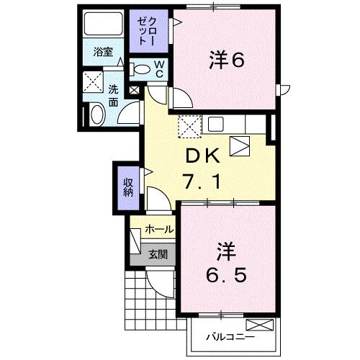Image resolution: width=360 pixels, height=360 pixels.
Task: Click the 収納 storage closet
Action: click(x=127, y=186)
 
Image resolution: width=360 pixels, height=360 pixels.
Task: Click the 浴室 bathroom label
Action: click(x=103, y=52)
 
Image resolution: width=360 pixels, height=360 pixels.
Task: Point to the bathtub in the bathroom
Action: click(x=103, y=27)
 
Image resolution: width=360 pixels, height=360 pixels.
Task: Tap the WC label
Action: click(x=160, y=70)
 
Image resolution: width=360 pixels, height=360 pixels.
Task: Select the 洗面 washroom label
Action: click(x=114, y=96)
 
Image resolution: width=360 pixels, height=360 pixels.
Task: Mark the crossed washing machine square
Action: click(x=94, y=81)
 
